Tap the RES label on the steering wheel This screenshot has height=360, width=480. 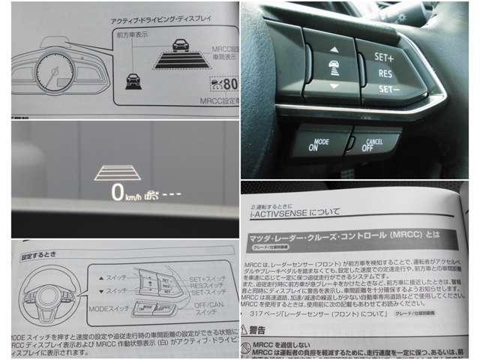tap(385, 73)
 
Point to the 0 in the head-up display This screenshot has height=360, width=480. tap(117, 192)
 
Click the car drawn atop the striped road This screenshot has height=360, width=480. tap(181, 44)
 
